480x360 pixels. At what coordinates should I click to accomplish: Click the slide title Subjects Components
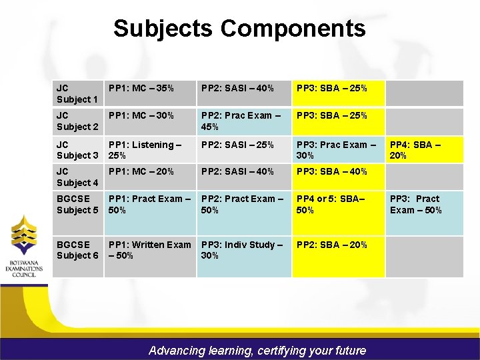(239, 29)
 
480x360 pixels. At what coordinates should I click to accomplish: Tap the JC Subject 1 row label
(77, 93)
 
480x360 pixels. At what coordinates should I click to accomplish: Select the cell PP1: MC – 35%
(141, 88)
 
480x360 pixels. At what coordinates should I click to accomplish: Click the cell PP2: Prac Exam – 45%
(241, 121)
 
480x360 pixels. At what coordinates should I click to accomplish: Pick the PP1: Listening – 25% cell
(145, 149)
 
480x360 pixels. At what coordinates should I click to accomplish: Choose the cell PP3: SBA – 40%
(332, 171)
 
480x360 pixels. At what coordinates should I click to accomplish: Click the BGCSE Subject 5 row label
(77, 204)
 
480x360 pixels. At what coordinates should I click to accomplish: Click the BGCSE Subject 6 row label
(77, 250)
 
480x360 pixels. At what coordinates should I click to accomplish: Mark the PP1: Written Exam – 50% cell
(149, 250)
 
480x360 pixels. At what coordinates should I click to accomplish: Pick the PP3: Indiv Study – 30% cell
(242, 250)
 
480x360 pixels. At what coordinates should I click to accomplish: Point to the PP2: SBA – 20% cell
(332, 245)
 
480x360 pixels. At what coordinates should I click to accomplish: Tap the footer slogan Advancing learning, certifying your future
(257, 350)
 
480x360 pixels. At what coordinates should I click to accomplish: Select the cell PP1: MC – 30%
(141, 115)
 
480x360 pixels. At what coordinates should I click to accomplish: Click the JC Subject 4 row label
(77, 177)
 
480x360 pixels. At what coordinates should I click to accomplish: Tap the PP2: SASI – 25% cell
(237, 144)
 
